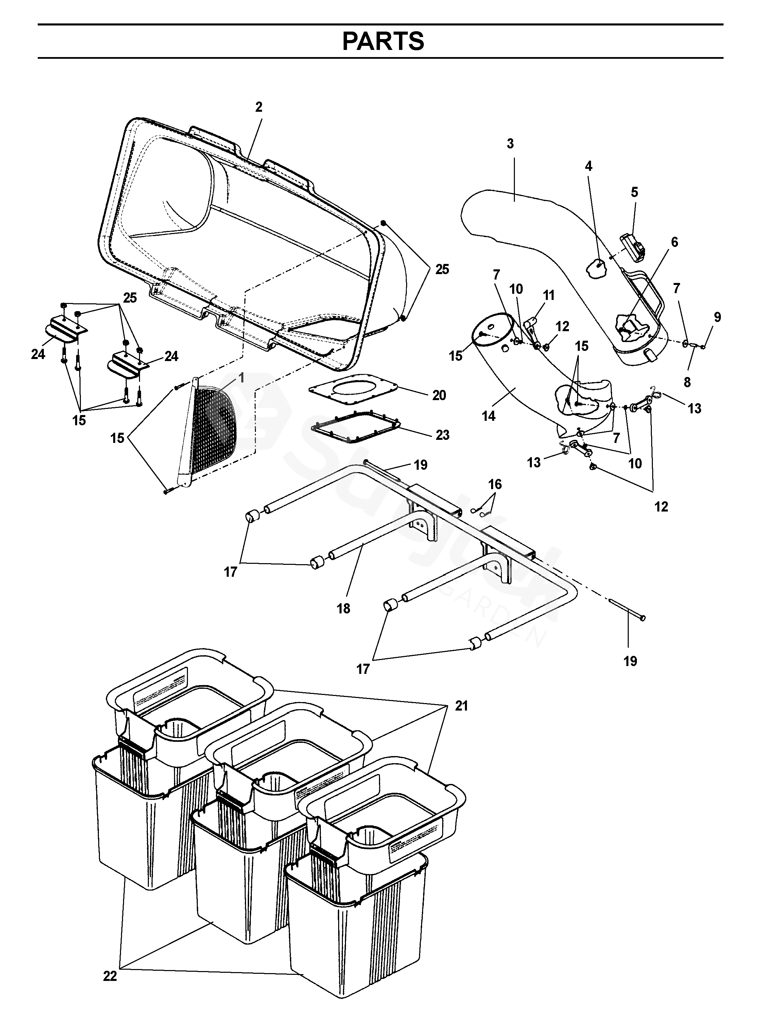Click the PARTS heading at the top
point(383,41)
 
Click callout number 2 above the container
point(259,107)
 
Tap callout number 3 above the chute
point(510,144)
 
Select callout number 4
point(589,166)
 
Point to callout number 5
point(634,192)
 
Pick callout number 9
point(717,317)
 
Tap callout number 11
point(549,295)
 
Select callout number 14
point(489,416)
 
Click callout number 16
point(495,484)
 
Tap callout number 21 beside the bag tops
point(461,706)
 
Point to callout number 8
point(687,382)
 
